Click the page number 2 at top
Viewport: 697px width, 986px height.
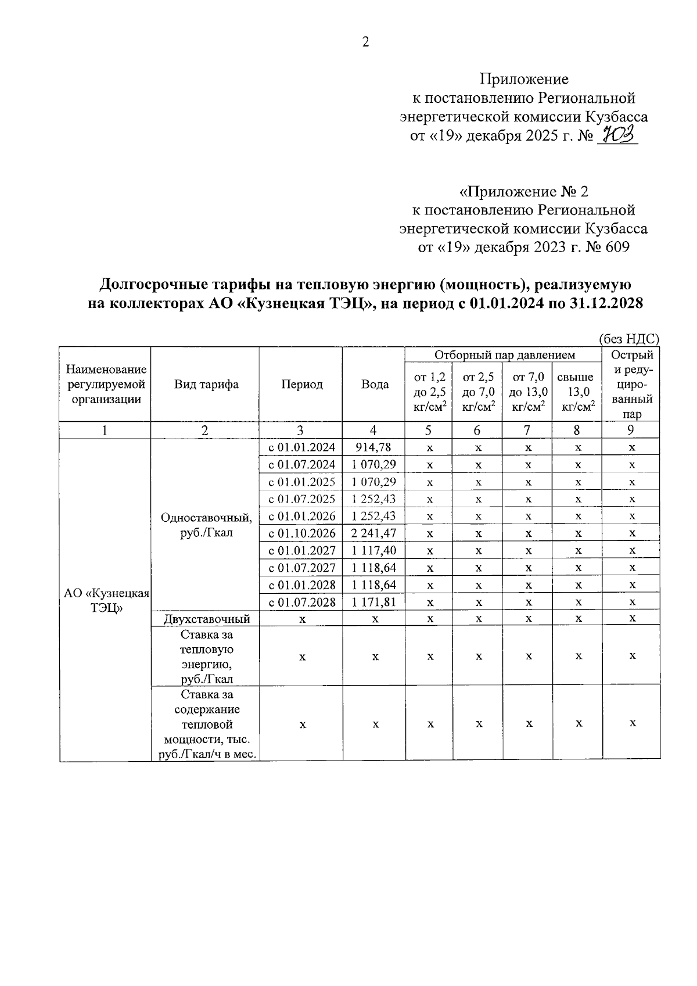365,42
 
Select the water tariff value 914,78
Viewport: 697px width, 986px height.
375,447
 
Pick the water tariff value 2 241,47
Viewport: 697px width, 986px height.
375,533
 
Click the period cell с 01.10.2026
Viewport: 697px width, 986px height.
301,533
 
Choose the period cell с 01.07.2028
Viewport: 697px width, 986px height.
301,602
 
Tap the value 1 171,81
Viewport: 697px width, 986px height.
375,602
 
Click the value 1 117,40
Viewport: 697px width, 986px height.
375,550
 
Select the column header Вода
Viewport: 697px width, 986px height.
375,385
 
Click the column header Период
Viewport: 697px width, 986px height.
301,385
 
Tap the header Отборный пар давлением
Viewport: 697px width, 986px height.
504,354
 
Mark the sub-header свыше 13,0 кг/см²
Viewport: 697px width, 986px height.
577,392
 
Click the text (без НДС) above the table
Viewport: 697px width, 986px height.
629,340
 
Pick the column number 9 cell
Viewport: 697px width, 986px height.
630,431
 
